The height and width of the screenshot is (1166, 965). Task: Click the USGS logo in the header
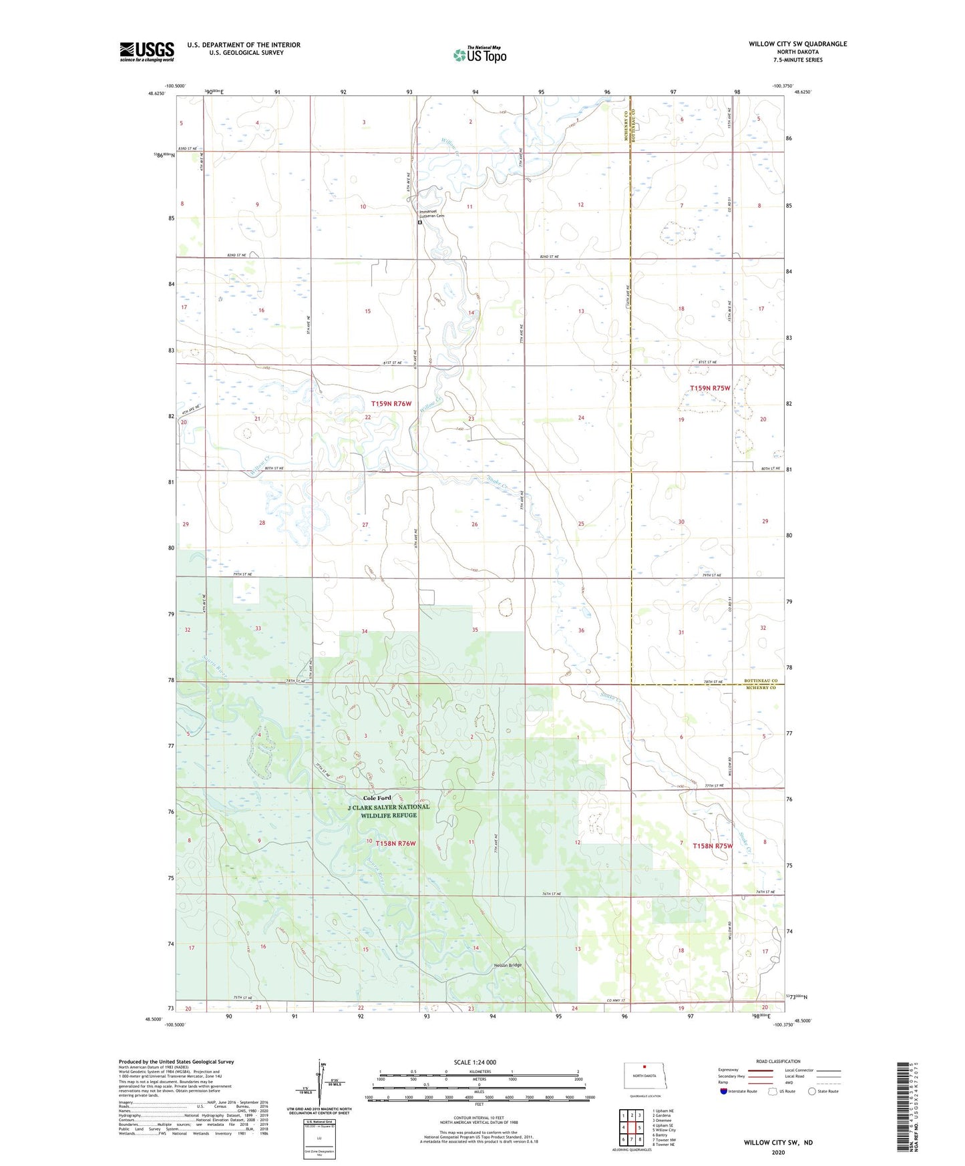pyautogui.click(x=147, y=51)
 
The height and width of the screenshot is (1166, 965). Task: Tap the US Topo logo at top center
pyautogui.click(x=479, y=54)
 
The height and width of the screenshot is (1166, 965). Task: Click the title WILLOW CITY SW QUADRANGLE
pyautogui.click(x=797, y=44)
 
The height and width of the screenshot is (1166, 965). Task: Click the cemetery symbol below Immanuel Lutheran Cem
pyautogui.click(x=419, y=222)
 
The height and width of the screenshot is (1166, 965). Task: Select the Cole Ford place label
pyautogui.click(x=377, y=798)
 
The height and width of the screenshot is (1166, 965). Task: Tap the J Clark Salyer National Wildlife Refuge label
pyautogui.click(x=389, y=811)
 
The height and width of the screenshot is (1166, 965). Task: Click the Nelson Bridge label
pyautogui.click(x=508, y=965)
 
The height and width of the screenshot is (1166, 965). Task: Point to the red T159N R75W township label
pyautogui.click(x=710, y=388)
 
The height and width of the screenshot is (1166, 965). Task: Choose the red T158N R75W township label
pyautogui.click(x=713, y=846)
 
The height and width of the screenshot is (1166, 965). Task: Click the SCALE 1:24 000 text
pyautogui.click(x=475, y=1062)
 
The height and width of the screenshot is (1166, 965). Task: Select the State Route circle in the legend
pyautogui.click(x=812, y=1091)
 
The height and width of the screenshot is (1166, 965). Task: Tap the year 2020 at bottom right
pyautogui.click(x=778, y=1152)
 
